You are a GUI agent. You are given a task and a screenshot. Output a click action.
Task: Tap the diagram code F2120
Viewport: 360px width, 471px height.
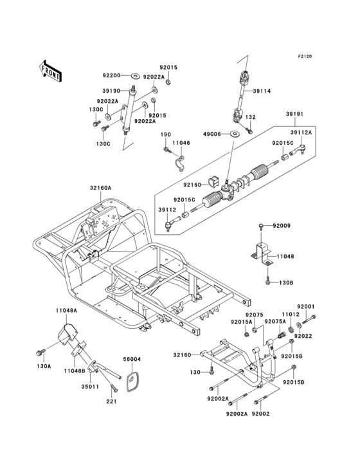tap(305, 56)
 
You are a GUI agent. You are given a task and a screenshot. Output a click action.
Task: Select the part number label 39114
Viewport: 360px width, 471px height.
tap(262, 91)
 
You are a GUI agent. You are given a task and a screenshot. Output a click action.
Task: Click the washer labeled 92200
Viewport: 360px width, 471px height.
tap(135, 75)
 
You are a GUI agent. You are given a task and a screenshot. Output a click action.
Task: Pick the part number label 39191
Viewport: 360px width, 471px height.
tap(294, 114)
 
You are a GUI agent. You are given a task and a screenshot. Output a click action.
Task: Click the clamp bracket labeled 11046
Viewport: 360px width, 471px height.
tap(179, 162)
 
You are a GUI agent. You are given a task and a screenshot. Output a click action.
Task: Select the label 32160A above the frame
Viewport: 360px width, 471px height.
tap(100, 188)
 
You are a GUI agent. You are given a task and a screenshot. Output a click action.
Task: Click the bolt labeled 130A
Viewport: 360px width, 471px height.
tap(40, 353)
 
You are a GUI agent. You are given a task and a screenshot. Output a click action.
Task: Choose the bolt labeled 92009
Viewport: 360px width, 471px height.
tap(260, 226)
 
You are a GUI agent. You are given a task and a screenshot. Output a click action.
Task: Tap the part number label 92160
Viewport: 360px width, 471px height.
tap(192, 185)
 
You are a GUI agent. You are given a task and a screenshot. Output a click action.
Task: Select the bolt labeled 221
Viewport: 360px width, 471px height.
tap(114, 388)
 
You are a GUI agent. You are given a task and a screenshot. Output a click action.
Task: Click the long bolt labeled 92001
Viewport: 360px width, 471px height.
tap(309, 319)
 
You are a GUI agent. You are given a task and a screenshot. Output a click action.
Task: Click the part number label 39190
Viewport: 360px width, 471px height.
tap(111, 91)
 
